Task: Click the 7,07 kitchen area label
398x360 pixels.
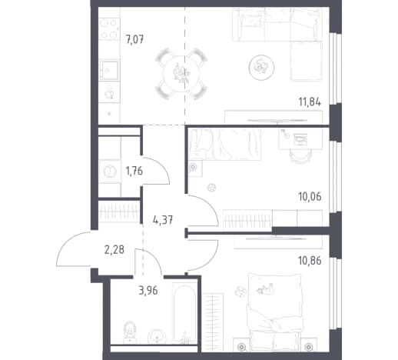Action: tap(134, 40)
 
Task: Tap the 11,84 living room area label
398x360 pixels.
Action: tap(310, 102)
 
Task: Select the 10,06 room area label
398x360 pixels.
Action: tap(310, 197)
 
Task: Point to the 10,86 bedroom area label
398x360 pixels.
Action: tap(310, 261)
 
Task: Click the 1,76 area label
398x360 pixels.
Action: tap(134, 171)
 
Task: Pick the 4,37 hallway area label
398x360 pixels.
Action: tap(163, 220)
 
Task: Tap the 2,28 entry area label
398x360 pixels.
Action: tap(114, 249)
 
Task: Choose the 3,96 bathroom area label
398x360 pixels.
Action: tap(148, 291)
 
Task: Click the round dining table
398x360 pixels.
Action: tap(181, 74)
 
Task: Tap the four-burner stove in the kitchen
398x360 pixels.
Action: tap(109, 28)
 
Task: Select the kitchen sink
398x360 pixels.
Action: tap(109, 70)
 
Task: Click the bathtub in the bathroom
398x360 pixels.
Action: tap(184, 313)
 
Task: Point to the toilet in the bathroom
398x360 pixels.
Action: tap(130, 332)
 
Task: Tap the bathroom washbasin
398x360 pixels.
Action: tap(157, 336)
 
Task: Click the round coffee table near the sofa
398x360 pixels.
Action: tap(261, 68)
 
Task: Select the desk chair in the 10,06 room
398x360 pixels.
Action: tap(300, 156)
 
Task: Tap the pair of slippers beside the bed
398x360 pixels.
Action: tap(240, 292)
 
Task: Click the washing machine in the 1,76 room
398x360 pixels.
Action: tap(110, 171)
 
